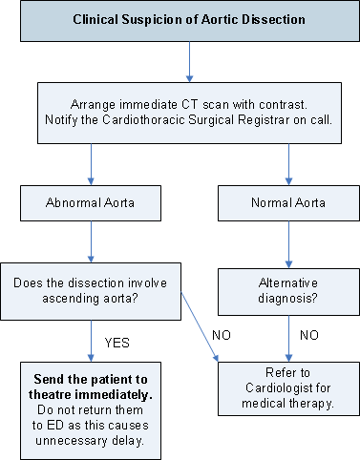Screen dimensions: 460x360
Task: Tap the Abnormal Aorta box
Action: (x=91, y=203)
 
